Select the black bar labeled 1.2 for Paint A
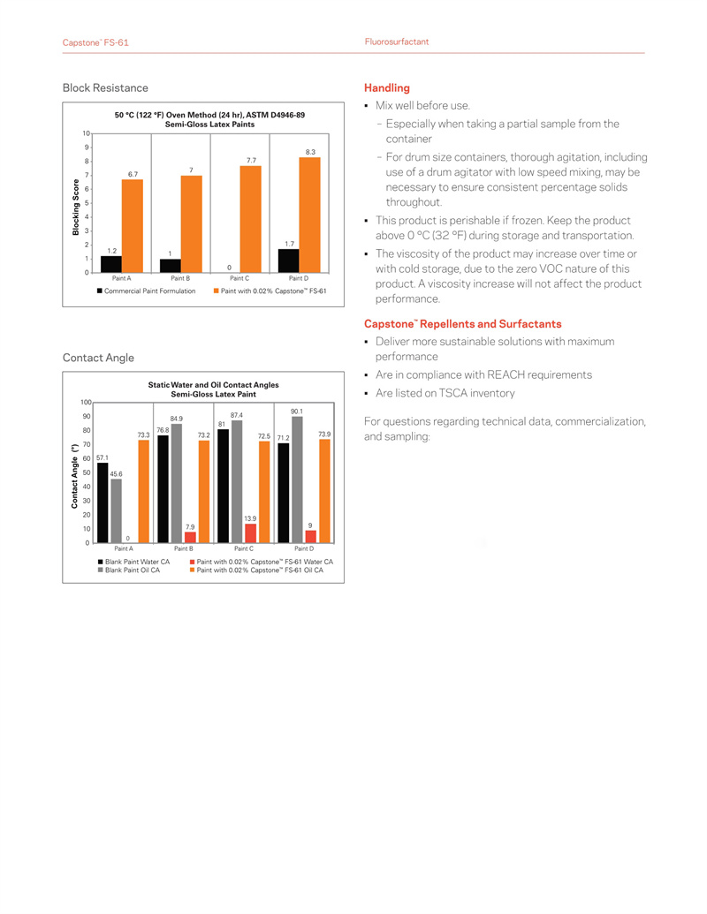click(x=111, y=264)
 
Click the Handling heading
click(x=387, y=88)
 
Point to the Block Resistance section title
click(x=105, y=88)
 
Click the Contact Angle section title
click(x=98, y=358)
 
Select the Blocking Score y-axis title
click(x=76, y=207)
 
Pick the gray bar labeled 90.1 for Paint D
click(x=297, y=480)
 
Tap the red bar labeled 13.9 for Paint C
click(x=250, y=533)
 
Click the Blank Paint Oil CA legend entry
click(x=133, y=570)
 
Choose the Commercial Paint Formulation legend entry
click(x=149, y=291)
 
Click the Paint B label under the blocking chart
click(x=180, y=278)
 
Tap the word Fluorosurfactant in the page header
click(x=397, y=42)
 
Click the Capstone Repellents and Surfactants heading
click(x=462, y=324)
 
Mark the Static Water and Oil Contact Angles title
click(x=213, y=385)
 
